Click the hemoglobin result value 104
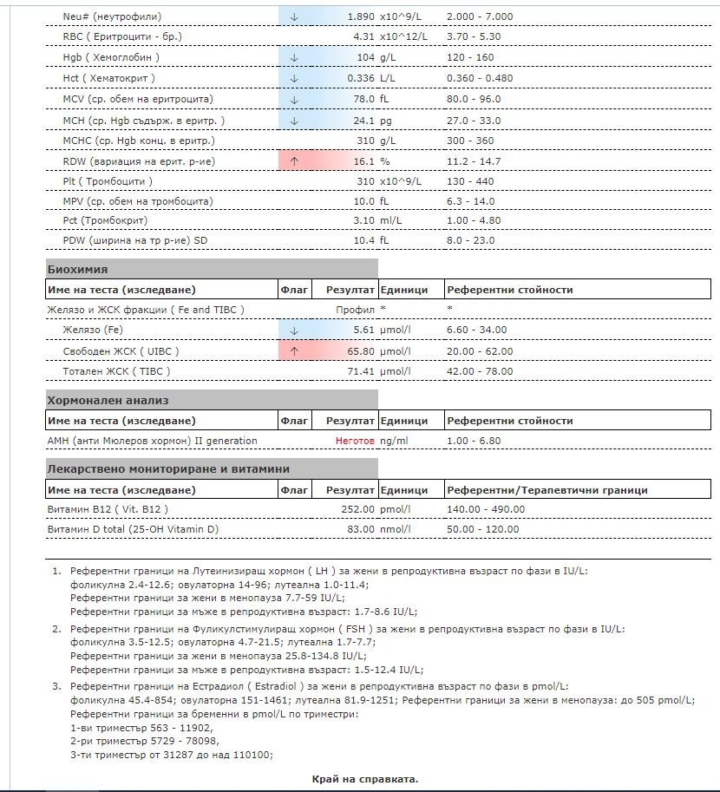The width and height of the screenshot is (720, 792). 365,57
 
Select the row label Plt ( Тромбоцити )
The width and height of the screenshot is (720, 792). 108,181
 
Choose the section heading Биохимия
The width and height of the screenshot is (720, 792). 77,269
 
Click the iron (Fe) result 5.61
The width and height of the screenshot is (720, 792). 363,330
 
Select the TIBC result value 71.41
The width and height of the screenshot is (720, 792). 359,371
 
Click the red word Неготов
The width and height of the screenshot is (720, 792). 355,441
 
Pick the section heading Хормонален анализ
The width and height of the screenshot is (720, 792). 108,400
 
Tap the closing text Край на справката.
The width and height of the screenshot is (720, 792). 364,779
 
